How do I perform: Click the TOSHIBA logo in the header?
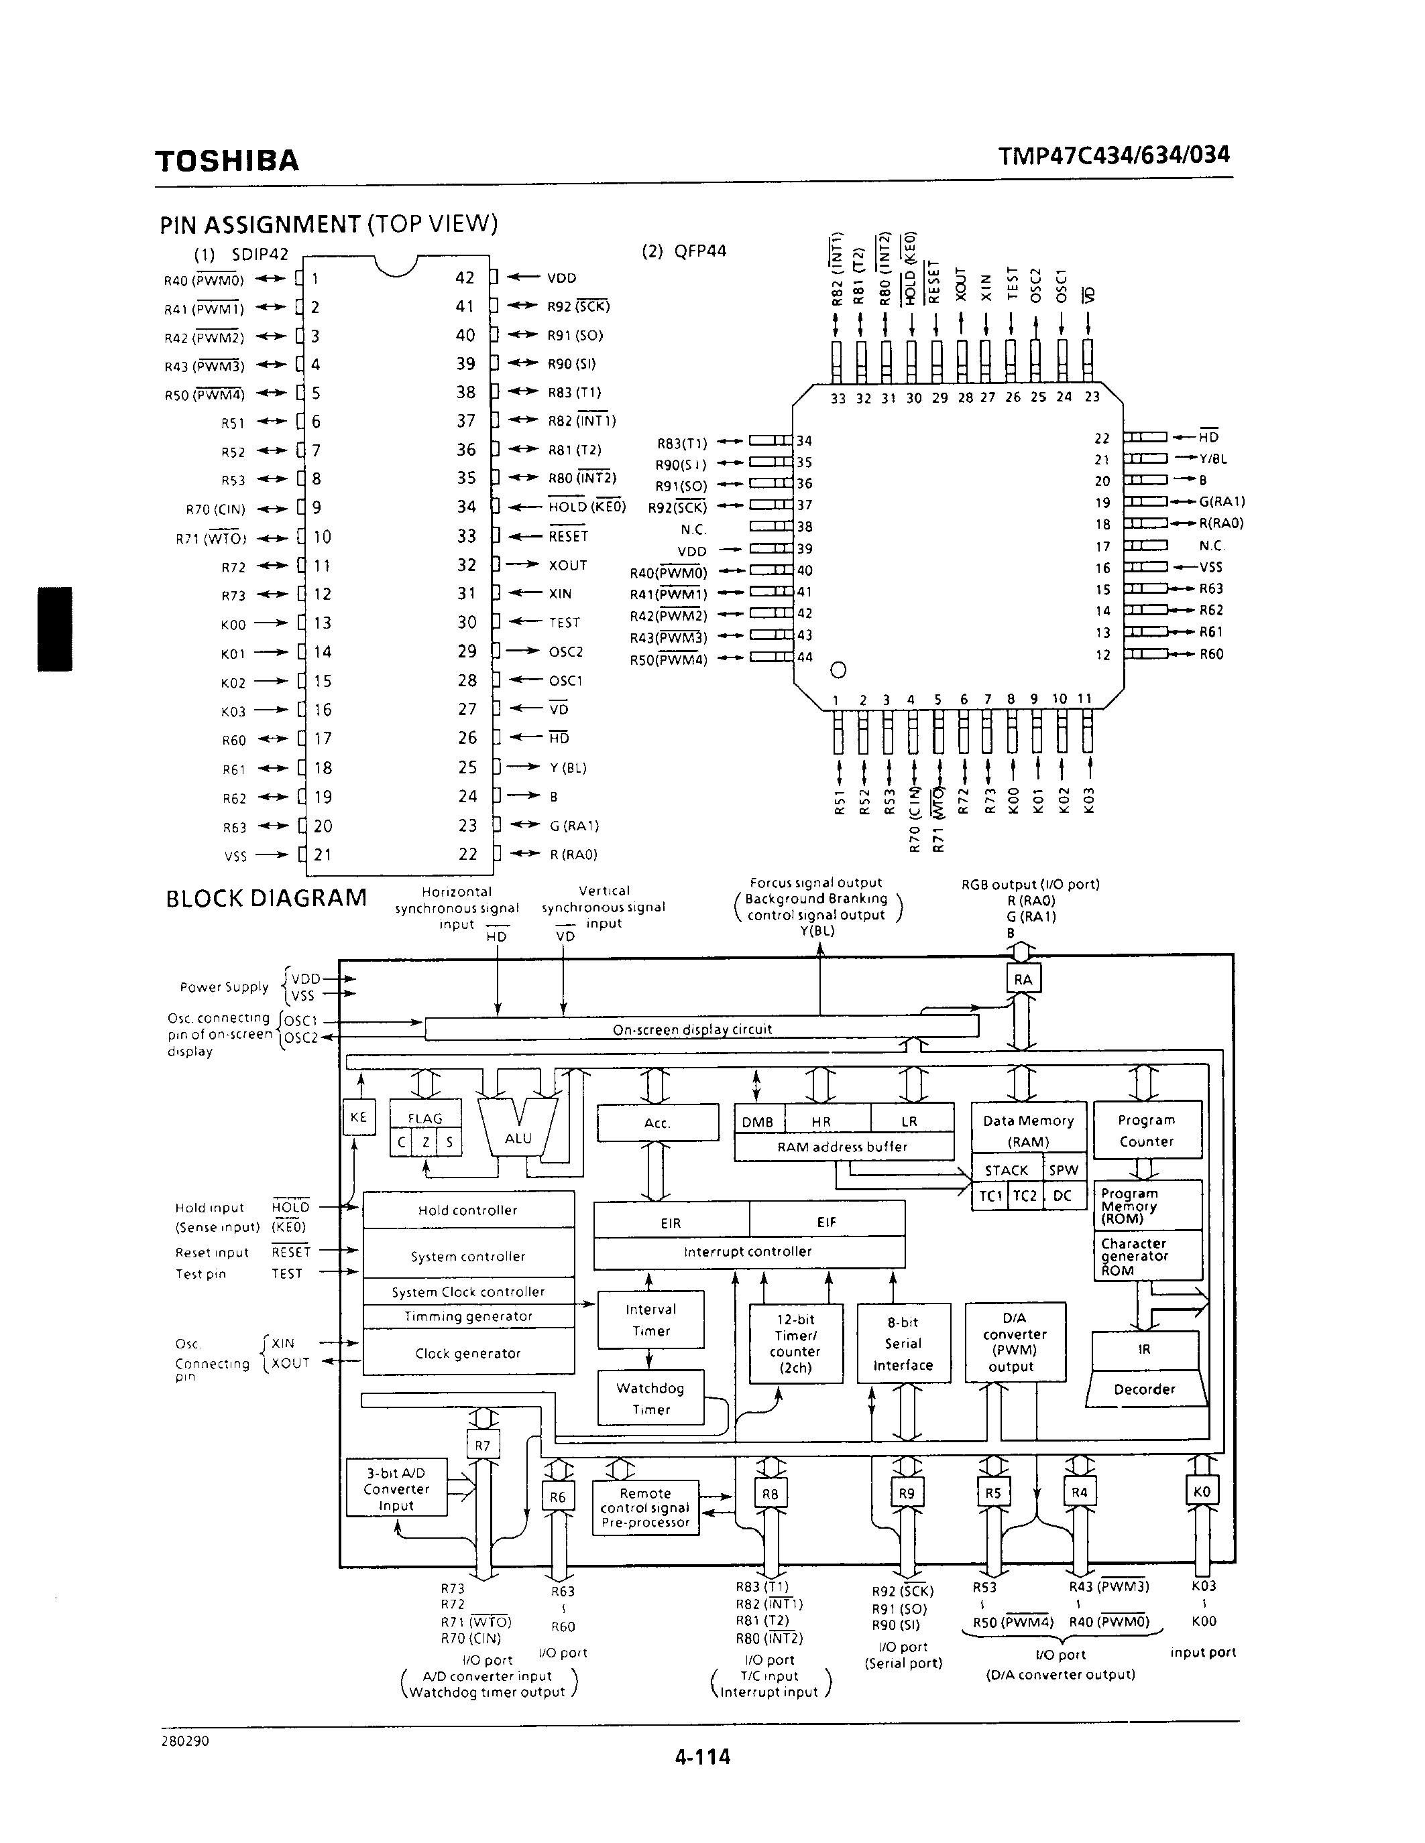pyautogui.click(x=226, y=160)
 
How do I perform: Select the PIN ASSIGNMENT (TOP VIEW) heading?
pyautogui.click(x=329, y=224)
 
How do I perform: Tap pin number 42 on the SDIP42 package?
pyautogui.click(x=465, y=277)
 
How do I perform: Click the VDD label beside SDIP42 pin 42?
pyautogui.click(x=561, y=277)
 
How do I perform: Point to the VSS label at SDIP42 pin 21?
pyautogui.click(x=235, y=856)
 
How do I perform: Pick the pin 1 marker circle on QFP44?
pyautogui.click(x=838, y=670)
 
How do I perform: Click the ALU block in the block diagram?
pyautogui.click(x=518, y=1137)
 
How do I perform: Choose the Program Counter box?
pyautogui.click(x=1147, y=1130)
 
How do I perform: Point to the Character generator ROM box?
pyautogui.click(x=1147, y=1256)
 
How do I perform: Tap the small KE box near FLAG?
pyautogui.click(x=358, y=1117)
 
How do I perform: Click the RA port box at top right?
pyautogui.click(x=1023, y=979)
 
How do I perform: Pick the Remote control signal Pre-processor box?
pyautogui.click(x=646, y=1508)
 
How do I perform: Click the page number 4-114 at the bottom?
pyautogui.click(x=702, y=1757)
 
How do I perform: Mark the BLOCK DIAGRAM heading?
pyautogui.click(x=266, y=898)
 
